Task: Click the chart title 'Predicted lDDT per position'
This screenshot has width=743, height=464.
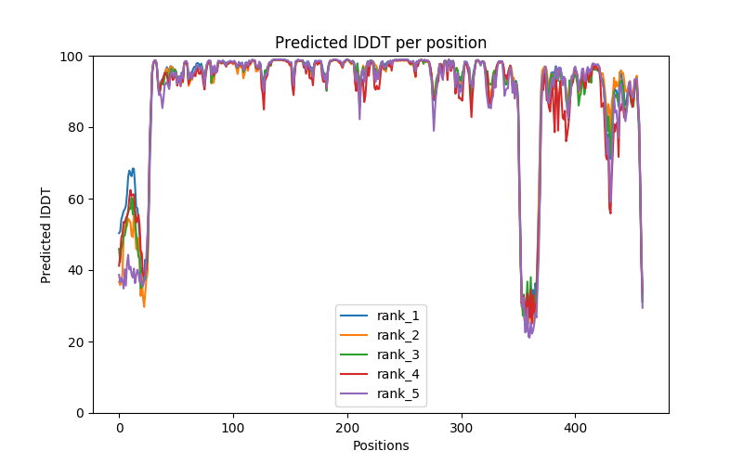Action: pos(380,43)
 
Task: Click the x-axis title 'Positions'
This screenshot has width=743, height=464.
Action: pos(380,445)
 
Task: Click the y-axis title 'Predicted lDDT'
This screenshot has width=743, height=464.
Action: pos(46,235)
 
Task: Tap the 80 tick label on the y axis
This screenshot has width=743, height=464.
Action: pos(75,128)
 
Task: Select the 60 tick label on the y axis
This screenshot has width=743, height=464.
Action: pos(75,200)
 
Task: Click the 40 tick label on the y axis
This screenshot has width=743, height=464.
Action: pos(75,271)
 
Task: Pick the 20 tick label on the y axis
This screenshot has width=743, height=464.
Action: pos(75,342)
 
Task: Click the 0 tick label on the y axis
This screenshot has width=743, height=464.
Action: pos(79,413)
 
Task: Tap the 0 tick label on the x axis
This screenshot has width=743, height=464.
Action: pos(119,428)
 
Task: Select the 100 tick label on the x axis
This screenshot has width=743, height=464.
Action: pos(233,428)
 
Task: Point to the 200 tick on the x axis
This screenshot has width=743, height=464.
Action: pos(347,428)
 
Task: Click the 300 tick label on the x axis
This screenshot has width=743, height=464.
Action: pos(462,428)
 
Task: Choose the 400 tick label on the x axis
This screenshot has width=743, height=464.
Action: pos(575,428)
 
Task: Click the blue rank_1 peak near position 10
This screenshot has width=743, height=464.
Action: pos(132,170)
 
